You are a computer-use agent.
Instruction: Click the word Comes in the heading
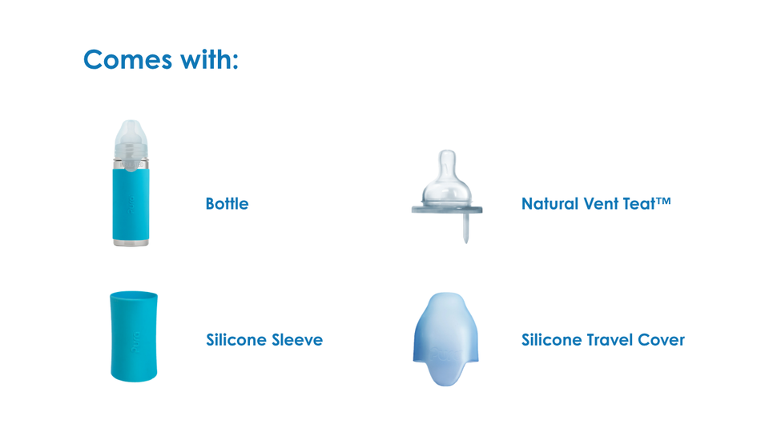click(127, 60)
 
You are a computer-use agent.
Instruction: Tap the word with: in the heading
click(209, 59)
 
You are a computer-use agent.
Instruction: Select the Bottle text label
click(227, 203)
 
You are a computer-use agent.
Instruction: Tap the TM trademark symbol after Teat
click(663, 200)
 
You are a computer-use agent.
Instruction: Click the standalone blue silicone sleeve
click(134, 337)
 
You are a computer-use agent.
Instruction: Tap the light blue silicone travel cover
click(446, 339)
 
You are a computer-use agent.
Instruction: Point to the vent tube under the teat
click(466, 228)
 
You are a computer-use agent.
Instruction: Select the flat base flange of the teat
click(447, 210)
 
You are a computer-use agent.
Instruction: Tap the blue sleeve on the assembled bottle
click(131, 204)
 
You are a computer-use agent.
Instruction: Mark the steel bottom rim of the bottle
click(131, 242)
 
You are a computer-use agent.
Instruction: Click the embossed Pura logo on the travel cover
click(445, 354)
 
